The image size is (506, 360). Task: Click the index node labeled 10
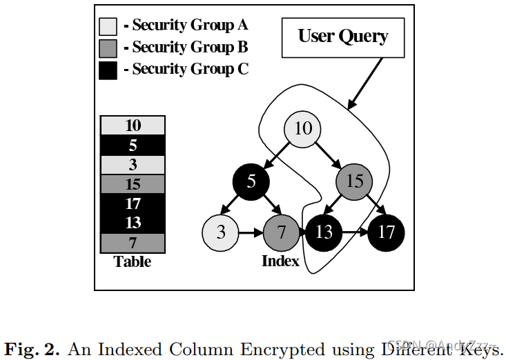coord(303,129)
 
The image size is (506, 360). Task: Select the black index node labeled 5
coord(251,181)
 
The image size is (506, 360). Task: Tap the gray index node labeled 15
coord(355,181)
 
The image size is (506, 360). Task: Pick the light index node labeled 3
coord(221,232)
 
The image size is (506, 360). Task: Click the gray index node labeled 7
coord(281,232)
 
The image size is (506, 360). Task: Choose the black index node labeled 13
coord(323,232)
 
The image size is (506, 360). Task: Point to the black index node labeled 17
coord(386,232)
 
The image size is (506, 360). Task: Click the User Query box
coord(342,37)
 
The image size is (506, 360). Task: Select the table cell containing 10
coord(133,126)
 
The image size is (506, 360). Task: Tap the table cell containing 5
coord(133,145)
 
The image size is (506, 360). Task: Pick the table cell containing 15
coord(133,184)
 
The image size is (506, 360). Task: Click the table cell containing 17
coord(133,204)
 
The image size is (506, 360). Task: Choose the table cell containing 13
coord(133,223)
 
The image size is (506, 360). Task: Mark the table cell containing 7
coord(133,243)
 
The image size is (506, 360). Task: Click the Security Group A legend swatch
coord(108,26)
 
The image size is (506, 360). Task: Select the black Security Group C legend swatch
coord(108,70)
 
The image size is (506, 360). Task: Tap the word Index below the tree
coord(280,261)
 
